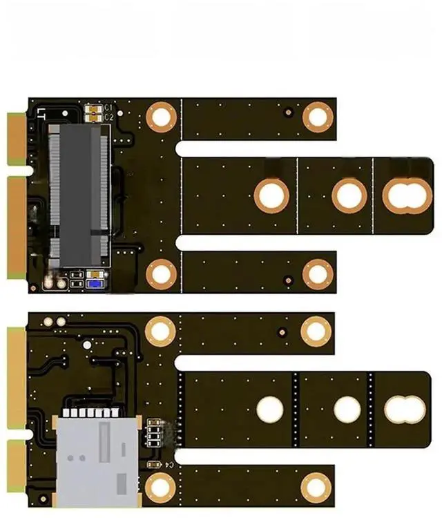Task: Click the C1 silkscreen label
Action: (109, 108)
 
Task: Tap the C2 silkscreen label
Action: (109, 117)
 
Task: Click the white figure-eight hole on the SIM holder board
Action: (405, 410)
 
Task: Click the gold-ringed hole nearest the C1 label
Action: (162, 115)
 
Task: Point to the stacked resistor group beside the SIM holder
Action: (156, 434)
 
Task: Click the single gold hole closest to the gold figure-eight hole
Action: (349, 195)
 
